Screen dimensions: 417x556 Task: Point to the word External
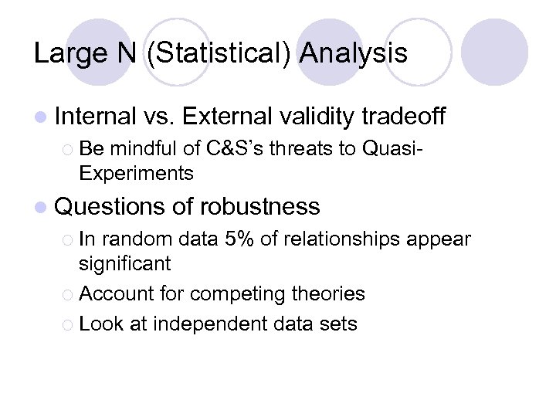pyautogui.click(x=227, y=117)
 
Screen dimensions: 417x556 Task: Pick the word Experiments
pyautogui.click(x=136, y=173)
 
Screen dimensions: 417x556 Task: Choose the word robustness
pyautogui.click(x=259, y=206)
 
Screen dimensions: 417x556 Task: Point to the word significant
pyautogui.click(x=124, y=263)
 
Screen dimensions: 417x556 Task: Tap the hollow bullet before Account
pyautogui.click(x=67, y=294)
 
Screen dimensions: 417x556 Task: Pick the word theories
pyautogui.click(x=329, y=293)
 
